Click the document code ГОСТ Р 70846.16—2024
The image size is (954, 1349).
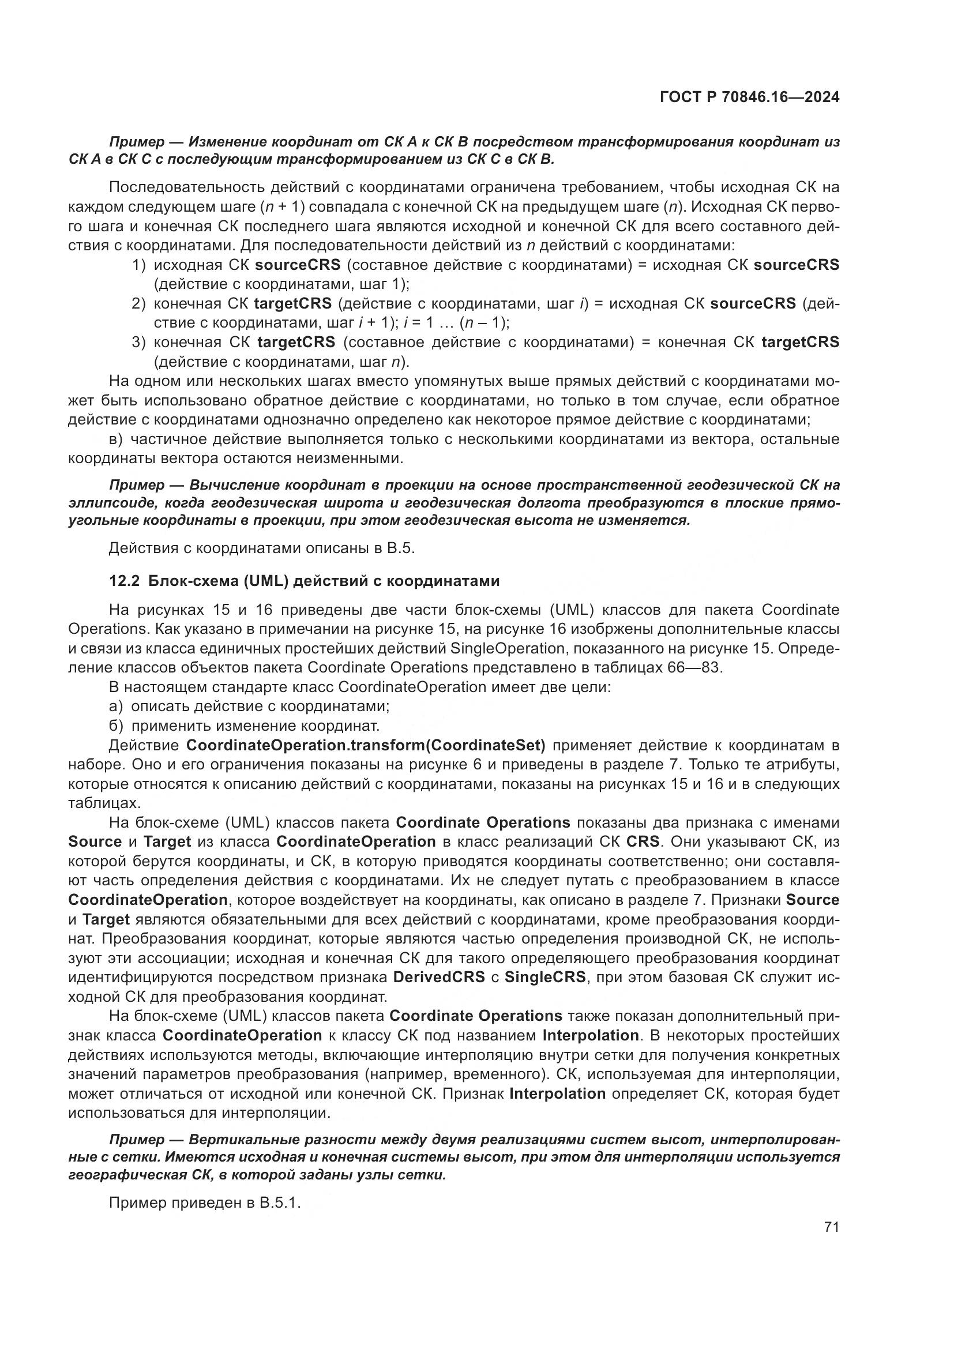(x=750, y=97)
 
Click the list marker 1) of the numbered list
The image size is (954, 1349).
(x=138, y=265)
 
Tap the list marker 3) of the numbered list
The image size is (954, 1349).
(x=138, y=342)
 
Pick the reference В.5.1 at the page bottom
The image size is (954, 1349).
(x=280, y=1203)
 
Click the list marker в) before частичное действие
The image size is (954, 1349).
(x=117, y=439)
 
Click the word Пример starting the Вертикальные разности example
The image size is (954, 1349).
(x=137, y=1140)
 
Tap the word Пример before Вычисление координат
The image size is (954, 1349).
(x=137, y=485)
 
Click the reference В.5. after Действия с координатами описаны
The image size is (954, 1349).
(x=401, y=548)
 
